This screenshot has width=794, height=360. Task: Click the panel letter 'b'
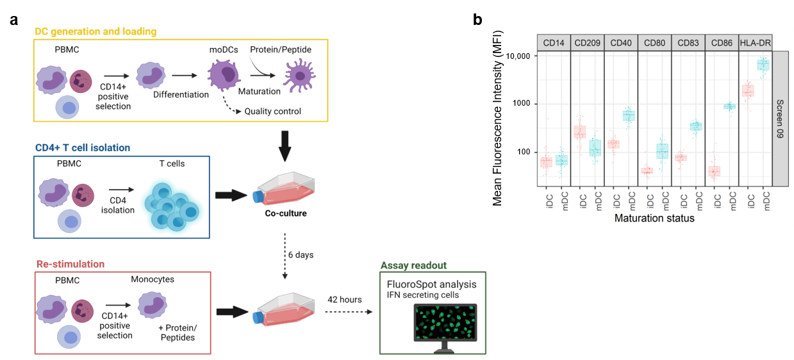click(x=477, y=20)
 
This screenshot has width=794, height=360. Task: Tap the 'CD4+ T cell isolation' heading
click(x=81, y=148)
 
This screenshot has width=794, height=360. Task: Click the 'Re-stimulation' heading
click(x=69, y=264)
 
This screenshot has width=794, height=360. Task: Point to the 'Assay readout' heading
click(x=413, y=265)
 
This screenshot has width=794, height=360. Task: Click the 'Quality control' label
click(x=273, y=111)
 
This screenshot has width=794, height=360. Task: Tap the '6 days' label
click(x=302, y=254)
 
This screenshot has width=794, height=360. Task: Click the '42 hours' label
click(x=344, y=299)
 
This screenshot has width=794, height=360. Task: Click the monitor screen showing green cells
click(x=445, y=322)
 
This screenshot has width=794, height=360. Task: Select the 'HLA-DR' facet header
click(x=756, y=43)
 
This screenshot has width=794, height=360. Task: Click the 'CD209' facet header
click(x=587, y=43)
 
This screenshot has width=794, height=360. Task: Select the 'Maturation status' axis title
click(x=654, y=218)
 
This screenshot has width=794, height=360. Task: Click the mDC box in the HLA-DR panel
click(x=763, y=65)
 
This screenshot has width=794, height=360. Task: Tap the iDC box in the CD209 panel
click(x=579, y=132)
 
